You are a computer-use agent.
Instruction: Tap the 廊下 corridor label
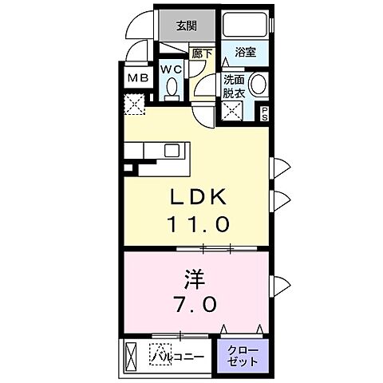202,53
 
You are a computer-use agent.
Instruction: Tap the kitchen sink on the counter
172,148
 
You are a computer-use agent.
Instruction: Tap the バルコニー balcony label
180,353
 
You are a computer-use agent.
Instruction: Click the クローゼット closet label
242,354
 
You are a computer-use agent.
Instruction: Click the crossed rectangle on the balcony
132,353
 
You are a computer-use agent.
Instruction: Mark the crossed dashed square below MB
133,103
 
